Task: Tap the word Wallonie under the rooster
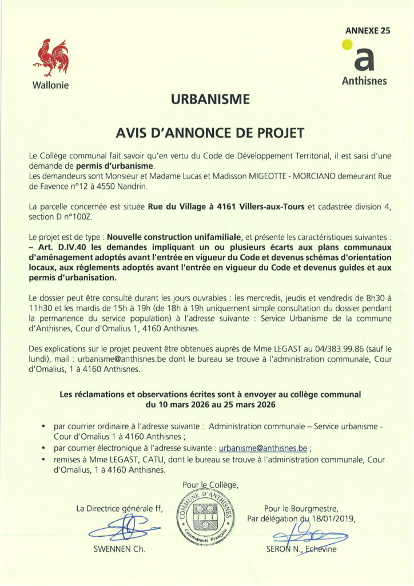click(50, 85)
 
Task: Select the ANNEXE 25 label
click(367, 31)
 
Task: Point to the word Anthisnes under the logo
click(364, 81)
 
